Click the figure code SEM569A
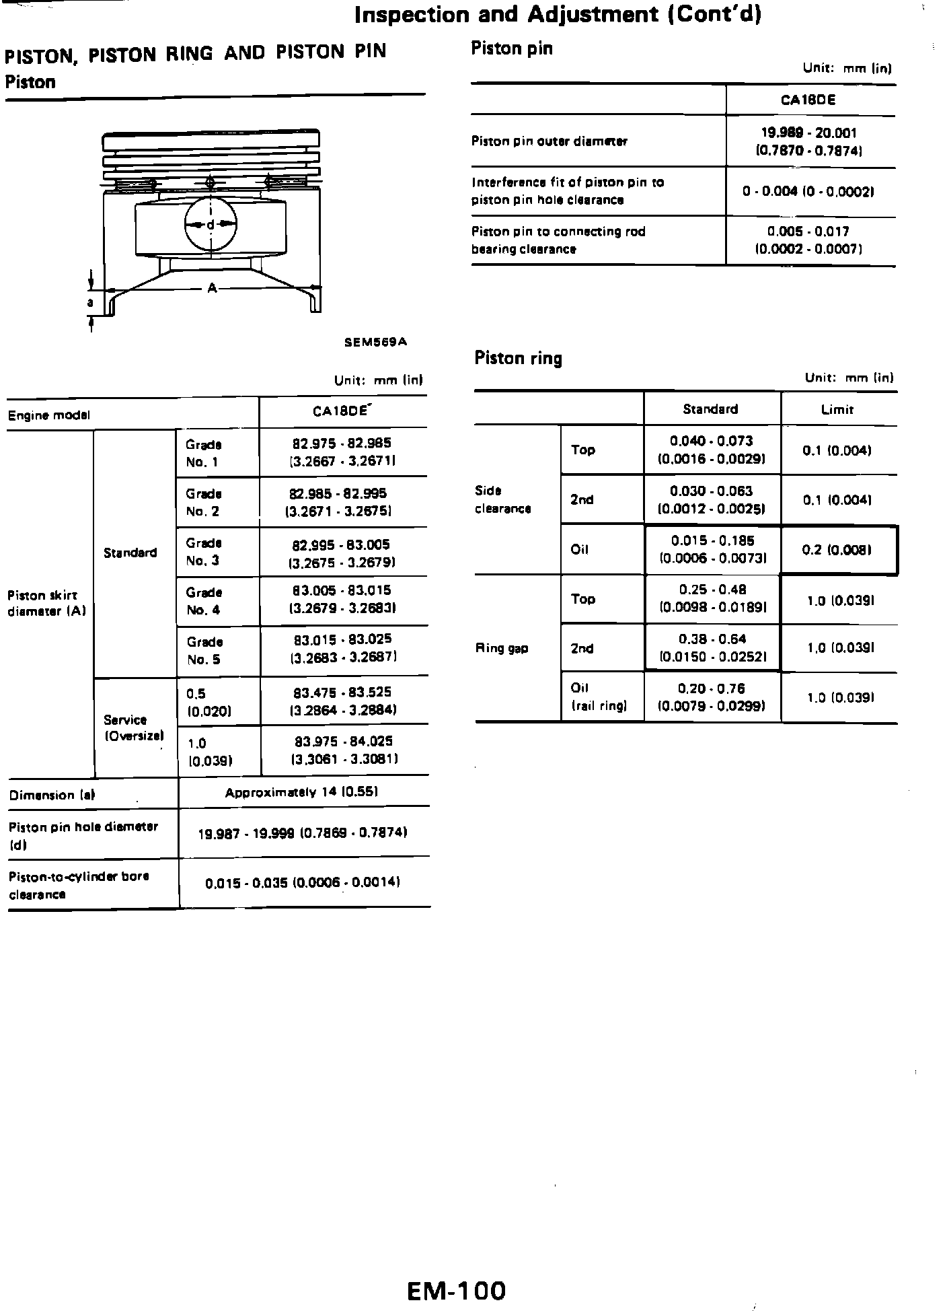click(375, 342)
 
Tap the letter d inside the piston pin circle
click(211, 224)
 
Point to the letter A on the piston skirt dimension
click(212, 288)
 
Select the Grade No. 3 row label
click(203, 552)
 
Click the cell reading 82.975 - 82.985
click(342, 452)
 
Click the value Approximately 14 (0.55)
click(301, 792)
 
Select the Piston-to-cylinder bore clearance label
click(79, 885)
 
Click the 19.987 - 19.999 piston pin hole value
click(303, 833)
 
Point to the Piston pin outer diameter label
click(549, 141)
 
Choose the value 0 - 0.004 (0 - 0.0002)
click(808, 192)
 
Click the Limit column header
click(837, 409)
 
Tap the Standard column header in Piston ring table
click(710, 409)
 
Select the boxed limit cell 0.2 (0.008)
click(837, 550)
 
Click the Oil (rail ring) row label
click(599, 697)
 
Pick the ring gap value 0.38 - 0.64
click(712, 647)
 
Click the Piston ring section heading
click(518, 358)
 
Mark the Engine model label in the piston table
click(48, 415)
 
